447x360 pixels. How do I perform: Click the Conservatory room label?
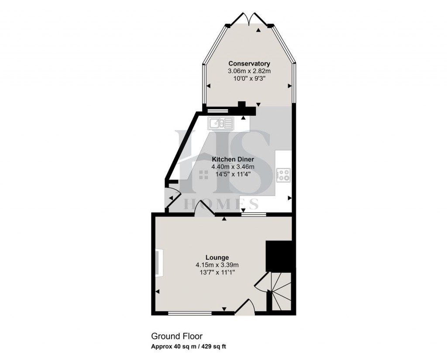[249, 64]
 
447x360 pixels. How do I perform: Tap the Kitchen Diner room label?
[233, 159]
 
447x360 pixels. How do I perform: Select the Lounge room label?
[217, 257]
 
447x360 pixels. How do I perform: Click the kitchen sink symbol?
[220, 123]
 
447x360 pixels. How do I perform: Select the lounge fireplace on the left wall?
[160, 263]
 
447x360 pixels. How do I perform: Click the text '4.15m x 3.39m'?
[217, 264]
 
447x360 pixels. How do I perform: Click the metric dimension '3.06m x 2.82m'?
[249, 71]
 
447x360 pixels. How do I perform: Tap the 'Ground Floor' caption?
[177, 336]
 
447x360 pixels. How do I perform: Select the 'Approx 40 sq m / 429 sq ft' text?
[188, 347]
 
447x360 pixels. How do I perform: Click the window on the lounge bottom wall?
[189, 312]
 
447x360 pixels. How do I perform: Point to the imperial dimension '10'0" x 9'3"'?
[249, 79]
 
